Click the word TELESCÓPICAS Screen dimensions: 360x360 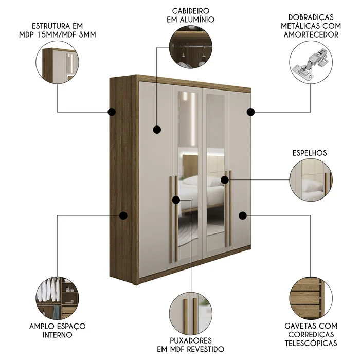point(311,344)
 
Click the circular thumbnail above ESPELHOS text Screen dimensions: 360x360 point(311,179)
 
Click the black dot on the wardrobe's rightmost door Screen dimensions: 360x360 point(243,214)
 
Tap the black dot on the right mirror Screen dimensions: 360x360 point(225,179)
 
